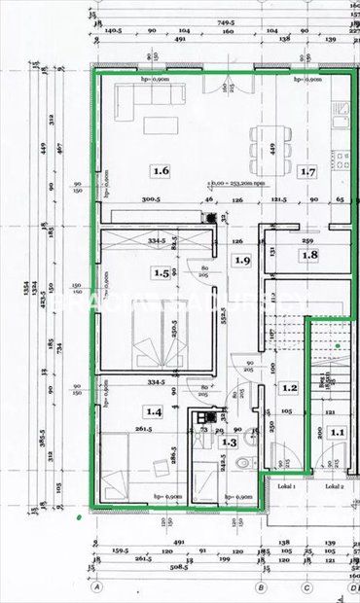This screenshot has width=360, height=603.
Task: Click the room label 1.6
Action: click(161, 171)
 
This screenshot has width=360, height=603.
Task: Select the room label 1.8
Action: click(309, 256)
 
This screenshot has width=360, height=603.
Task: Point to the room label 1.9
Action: click(243, 260)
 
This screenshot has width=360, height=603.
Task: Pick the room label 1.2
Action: click(289, 388)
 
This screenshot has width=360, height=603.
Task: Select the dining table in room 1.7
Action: click(265, 137)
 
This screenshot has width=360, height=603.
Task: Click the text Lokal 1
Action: click(286, 484)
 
